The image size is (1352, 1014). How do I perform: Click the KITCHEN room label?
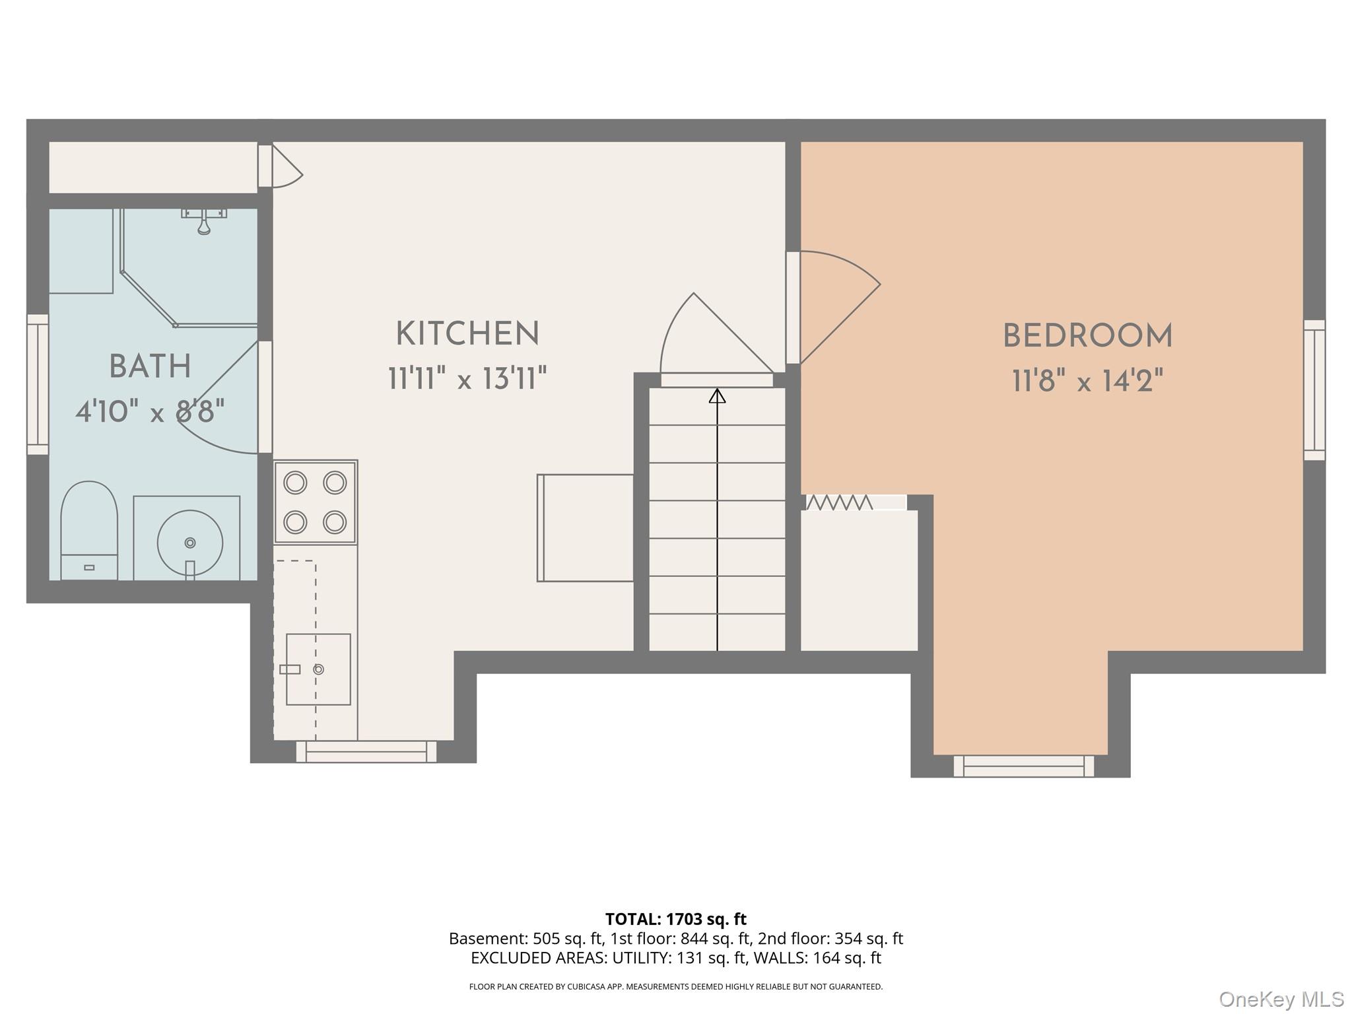coord(467,334)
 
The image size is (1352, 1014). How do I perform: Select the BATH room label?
coord(151,366)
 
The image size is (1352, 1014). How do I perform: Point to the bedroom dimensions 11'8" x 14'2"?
coord(1087,381)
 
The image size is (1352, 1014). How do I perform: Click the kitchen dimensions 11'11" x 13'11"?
coord(467,379)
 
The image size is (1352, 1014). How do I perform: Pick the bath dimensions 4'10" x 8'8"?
coord(151,412)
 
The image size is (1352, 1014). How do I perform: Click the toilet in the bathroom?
coord(89,531)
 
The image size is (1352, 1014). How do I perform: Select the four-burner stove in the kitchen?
coord(316,502)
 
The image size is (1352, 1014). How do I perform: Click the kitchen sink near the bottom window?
coord(318,669)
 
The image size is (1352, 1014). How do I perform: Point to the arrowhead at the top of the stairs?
coord(718,395)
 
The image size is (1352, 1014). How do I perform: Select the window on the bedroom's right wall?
coord(1314,390)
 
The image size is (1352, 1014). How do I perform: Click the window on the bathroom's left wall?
coord(38,384)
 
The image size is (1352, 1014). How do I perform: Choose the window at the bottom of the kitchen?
coord(366,751)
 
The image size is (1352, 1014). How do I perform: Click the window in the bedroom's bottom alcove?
coord(1024,766)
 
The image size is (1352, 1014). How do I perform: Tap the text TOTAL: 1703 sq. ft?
coord(676,919)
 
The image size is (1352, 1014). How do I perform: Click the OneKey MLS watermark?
coord(1281,999)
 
